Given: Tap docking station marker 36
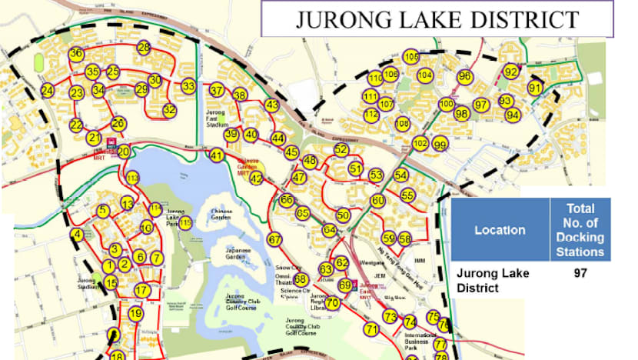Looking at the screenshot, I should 75,54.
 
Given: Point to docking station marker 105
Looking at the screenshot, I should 411,56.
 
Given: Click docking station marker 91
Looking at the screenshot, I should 536,88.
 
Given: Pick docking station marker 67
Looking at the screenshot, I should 275,239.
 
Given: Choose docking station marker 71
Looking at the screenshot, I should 372,330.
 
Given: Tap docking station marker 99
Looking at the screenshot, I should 440,144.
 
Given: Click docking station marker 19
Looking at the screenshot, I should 135,314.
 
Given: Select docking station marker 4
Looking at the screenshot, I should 76,234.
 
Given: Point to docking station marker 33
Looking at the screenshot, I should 188,87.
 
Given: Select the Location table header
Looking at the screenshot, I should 500,230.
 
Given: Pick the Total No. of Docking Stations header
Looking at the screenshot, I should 580,230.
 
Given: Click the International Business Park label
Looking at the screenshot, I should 418,342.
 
